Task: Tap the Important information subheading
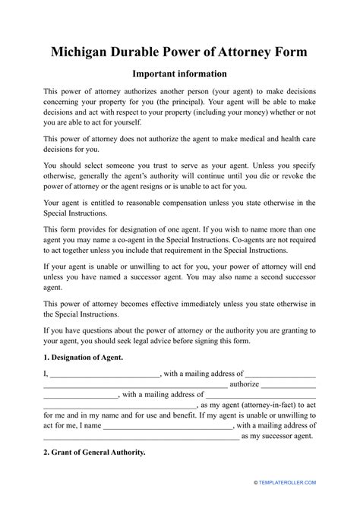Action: point(179,74)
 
